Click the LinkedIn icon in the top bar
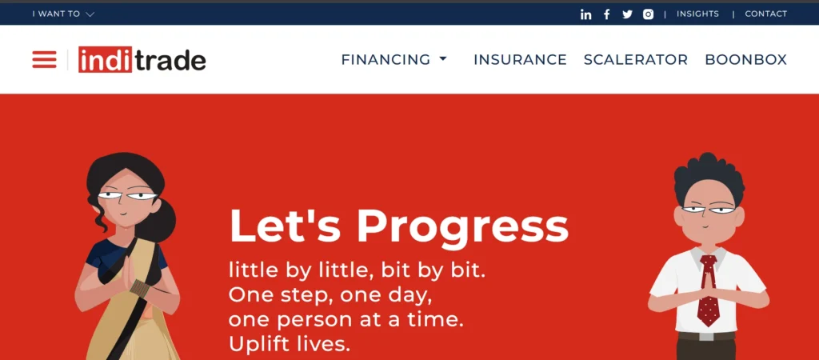[585, 14]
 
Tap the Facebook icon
[606, 14]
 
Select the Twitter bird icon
[627, 14]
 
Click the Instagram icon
[648, 14]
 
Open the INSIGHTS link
[697, 14]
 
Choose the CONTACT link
[765, 14]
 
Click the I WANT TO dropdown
[63, 14]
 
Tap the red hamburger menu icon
[45, 59]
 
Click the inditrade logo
[142, 59]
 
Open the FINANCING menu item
[394, 59]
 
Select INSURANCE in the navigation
[520, 59]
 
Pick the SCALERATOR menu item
[636, 59]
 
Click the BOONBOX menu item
[746, 59]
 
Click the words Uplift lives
[290, 344]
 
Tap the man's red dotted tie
[709, 290]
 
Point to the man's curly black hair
[709, 176]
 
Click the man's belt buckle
[706, 337]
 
